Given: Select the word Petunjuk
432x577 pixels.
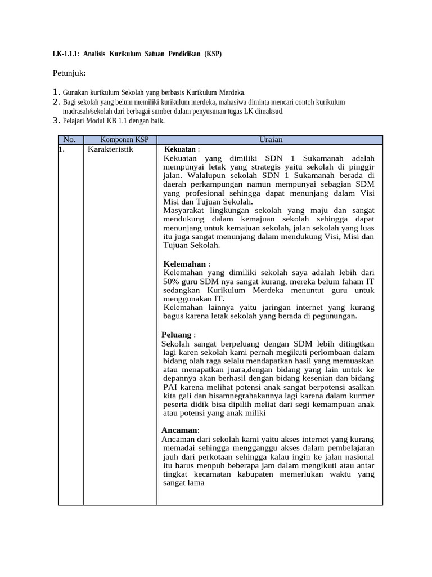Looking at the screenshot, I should [x=69, y=73].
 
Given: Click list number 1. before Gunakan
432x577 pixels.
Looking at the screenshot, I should [x=56, y=92].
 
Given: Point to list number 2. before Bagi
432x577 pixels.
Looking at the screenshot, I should [x=56, y=102].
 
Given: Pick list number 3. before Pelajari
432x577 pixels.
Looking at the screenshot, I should [x=56, y=121].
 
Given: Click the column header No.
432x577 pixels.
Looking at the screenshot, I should [x=70, y=139].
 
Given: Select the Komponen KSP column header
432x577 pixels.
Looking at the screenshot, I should [x=124, y=139].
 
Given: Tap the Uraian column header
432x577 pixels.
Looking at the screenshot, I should [x=271, y=139].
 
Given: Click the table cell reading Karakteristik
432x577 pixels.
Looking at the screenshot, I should [x=110, y=149].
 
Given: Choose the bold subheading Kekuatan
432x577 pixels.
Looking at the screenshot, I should [x=180, y=149].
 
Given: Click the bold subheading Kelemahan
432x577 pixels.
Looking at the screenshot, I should [x=184, y=264].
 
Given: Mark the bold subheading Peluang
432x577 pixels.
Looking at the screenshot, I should [x=177, y=335].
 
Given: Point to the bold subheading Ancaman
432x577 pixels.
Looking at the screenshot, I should [x=179, y=430].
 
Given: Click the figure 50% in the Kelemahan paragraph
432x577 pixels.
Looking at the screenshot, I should [x=171, y=281].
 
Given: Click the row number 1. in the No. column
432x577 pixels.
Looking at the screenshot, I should [x=61, y=149].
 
